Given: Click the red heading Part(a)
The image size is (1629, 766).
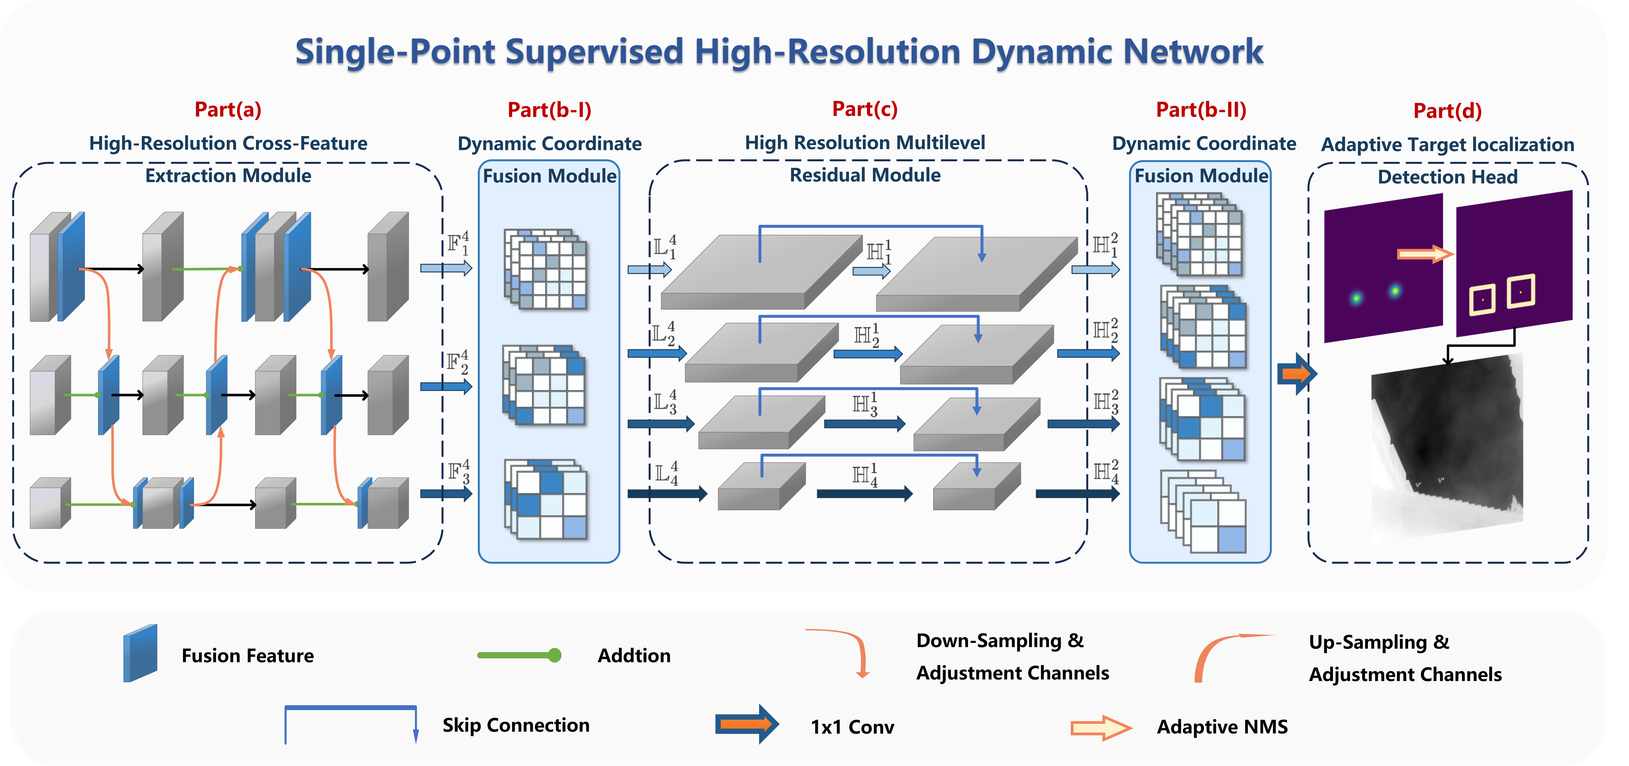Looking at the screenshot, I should tap(228, 109).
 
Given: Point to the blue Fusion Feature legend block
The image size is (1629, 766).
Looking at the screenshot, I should tap(140, 653).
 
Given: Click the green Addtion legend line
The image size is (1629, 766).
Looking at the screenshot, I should tap(519, 655).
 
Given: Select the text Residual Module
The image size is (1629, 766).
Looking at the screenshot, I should tap(864, 175).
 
